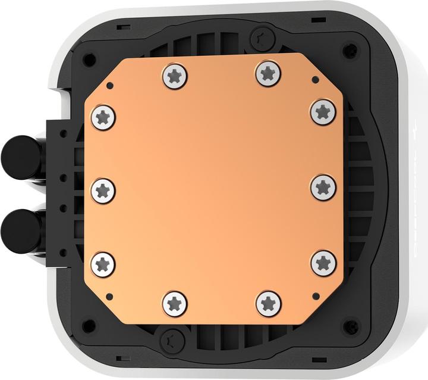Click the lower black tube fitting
(x=21, y=228)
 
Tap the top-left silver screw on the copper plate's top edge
(x=174, y=76)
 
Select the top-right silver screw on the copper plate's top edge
(x=268, y=74)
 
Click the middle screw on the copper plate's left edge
(x=103, y=191)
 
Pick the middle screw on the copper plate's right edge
(x=323, y=187)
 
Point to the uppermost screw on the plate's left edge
(x=103, y=117)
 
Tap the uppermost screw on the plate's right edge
(x=323, y=111)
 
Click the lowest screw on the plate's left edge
(x=103, y=264)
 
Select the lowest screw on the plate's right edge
(x=323, y=263)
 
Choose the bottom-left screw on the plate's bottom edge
(x=175, y=304)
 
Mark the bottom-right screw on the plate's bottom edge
(x=269, y=304)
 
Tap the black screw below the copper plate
(x=172, y=340)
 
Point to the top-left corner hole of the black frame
(x=89, y=59)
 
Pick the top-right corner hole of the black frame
(x=351, y=49)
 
